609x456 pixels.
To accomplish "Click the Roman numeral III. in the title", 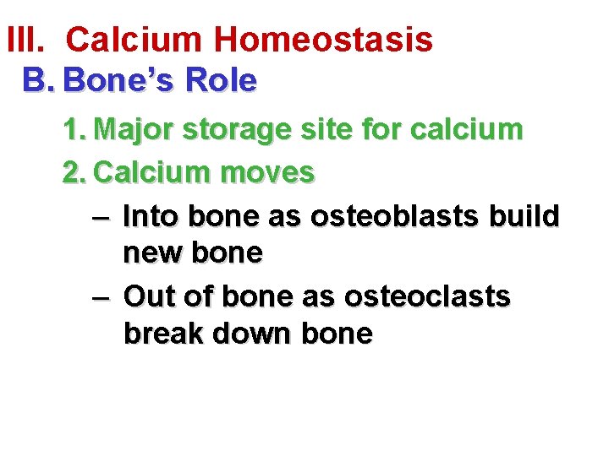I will (x=26, y=39).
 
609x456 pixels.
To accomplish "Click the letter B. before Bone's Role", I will (x=39, y=81).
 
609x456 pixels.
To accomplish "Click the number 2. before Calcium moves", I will (x=75, y=173).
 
